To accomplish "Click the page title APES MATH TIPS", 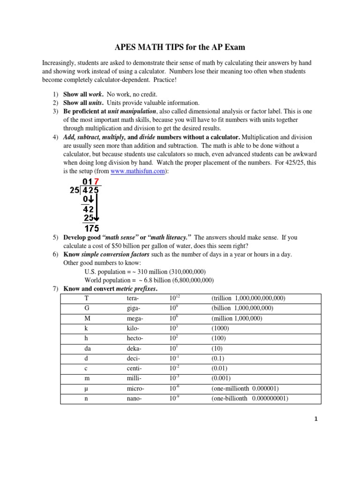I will click(180, 47).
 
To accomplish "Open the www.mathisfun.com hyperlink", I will click(138, 172).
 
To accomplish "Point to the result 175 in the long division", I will click(91, 228).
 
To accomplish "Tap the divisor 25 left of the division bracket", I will click(74, 191).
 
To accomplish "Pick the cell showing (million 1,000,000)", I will click(237, 318).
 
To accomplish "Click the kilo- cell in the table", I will click(134, 328).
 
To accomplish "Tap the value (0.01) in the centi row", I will click(220, 368).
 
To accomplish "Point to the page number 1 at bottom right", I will click(316, 420).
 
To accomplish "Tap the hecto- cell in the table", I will click(135, 338).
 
